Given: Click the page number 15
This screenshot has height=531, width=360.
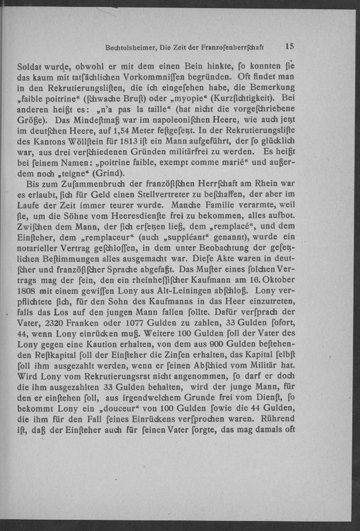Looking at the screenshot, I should click(x=289, y=46).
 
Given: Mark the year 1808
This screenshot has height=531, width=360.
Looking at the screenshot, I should click(x=27, y=290).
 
